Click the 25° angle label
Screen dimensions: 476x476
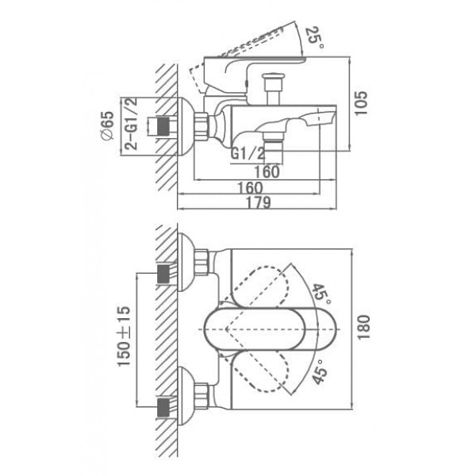coord(314,37)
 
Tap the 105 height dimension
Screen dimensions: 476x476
coord(361,103)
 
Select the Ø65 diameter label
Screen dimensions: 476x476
coord(107,125)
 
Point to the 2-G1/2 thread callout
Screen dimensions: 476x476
coord(132,124)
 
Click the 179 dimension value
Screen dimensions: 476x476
coord(258,202)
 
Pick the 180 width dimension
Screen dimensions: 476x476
coord(363,328)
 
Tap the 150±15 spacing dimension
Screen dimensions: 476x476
coord(125,336)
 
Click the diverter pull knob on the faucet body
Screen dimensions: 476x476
coord(274,89)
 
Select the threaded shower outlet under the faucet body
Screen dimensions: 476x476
coord(273,148)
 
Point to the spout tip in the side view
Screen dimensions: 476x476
coord(328,117)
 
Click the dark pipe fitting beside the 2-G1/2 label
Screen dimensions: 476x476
coord(163,125)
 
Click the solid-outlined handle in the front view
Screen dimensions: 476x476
coord(271,329)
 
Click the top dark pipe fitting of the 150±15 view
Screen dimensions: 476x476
coord(163,274)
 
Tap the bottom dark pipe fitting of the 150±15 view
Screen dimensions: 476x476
coord(163,407)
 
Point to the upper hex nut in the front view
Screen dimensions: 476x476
coord(202,263)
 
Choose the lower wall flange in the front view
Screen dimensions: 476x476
coord(186,396)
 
